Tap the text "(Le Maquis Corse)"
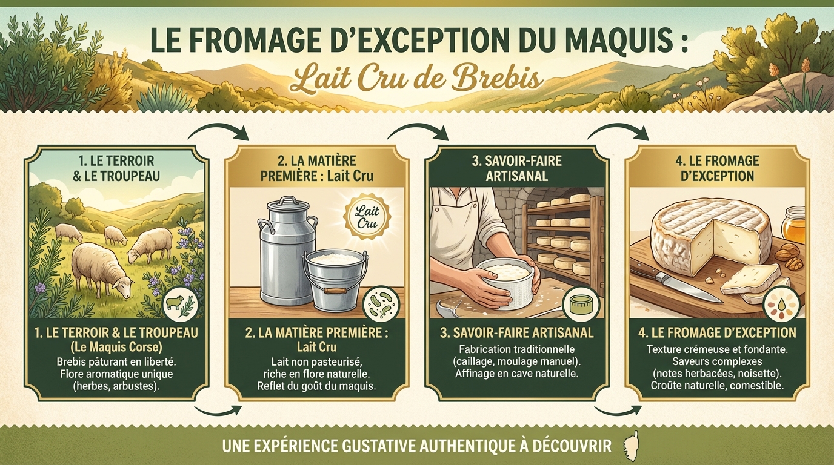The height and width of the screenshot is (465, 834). (x=116, y=348)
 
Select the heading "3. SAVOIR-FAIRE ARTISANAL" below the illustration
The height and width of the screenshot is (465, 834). (x=517, y=334)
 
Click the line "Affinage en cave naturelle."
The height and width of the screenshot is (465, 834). (x=517, y=374)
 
